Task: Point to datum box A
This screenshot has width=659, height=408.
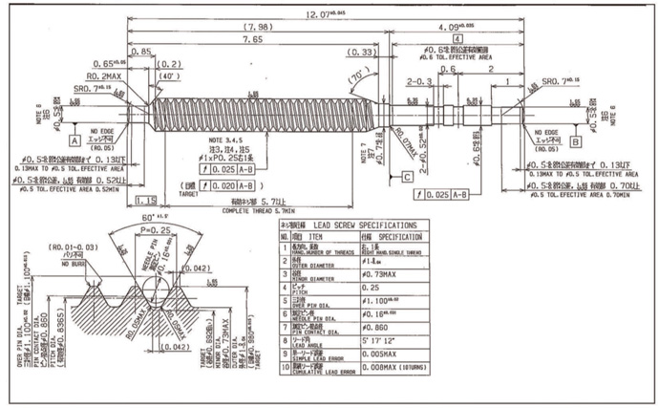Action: tap(74, 140)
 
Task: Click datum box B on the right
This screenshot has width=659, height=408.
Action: tap(578, 140)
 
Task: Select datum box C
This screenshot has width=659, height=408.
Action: tap(407, 176)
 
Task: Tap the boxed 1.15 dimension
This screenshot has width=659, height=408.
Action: tap(146, 200)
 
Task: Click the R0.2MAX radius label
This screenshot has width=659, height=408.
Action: tap(105, 75)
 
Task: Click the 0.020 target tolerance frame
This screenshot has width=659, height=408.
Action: tap(221, 184)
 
